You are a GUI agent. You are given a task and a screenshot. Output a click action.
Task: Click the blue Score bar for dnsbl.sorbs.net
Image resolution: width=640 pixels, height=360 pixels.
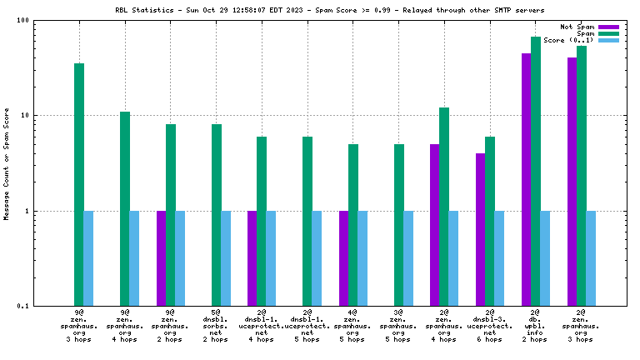pyautogui.click(x=226, y=258)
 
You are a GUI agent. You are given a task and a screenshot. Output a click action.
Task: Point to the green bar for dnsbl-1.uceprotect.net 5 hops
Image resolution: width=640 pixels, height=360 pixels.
pyautogui.click(x=307, y=221)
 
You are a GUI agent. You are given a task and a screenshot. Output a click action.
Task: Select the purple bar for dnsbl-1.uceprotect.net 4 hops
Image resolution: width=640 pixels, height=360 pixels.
pyautogui.click(x=252, y=258)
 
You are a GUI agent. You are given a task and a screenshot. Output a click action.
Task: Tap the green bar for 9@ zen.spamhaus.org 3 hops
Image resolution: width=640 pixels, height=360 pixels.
pyautogui.click(x=79, y=184)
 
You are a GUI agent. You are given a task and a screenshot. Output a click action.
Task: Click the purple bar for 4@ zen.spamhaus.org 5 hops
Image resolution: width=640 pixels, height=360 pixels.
pyautogui.click(x=344, y=258)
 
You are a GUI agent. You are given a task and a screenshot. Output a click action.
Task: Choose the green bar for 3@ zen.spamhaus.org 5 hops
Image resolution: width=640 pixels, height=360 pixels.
pyautogui.click(x=399, y=225)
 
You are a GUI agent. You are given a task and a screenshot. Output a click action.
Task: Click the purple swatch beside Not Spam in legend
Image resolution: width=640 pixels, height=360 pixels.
pyautogui.click(x=609, y=27)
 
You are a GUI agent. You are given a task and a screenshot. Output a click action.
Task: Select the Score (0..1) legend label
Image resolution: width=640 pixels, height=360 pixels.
pyautogui.click(x=568, y=40)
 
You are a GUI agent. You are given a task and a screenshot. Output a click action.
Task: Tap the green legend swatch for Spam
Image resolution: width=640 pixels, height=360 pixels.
pyautogui.click(x=609, y=33)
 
